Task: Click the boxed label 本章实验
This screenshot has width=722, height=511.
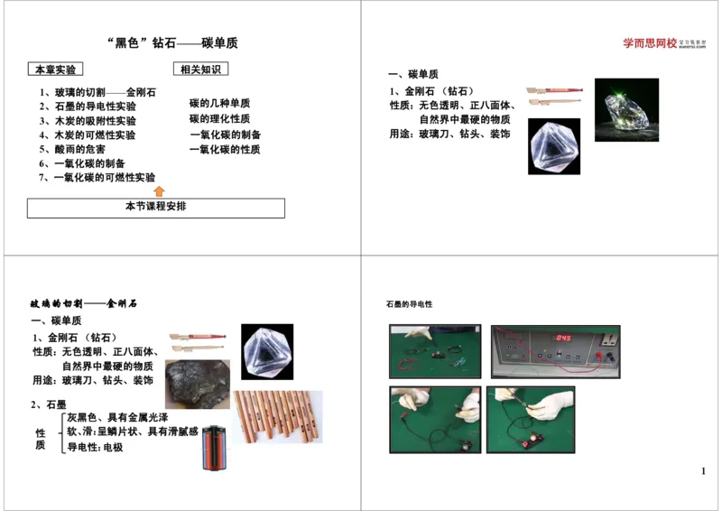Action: pos(55,70)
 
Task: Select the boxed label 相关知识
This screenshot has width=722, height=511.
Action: pos(199,69)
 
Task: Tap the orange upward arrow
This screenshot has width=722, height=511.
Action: pos(160,190)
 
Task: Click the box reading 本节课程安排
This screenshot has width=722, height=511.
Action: pos(155,207)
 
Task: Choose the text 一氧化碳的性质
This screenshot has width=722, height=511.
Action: pos(225,150)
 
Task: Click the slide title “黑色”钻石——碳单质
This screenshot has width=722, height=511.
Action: pos(172,43)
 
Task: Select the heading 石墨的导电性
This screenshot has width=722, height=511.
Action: pos(410,304)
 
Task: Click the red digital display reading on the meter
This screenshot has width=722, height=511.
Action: pos(562,338)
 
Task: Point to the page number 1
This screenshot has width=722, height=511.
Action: pos(703,471)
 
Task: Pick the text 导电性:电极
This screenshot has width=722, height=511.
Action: pos(95,447)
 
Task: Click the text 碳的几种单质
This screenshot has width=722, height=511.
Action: pos(219,104)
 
